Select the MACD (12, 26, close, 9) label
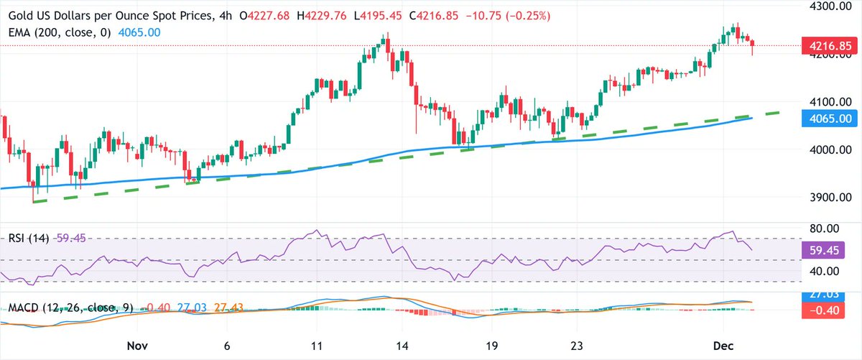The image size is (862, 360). (x=68, y=308)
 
